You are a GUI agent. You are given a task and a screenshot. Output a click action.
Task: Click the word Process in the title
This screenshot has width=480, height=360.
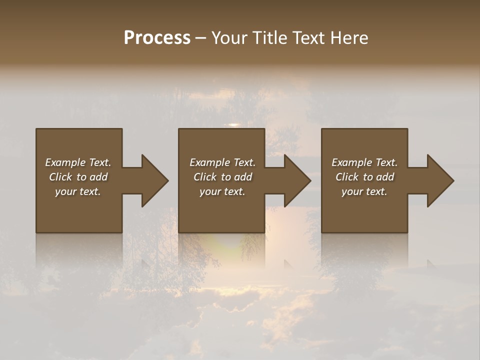[x=157, y=38]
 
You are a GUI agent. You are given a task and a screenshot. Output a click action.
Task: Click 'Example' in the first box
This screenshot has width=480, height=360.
[x=65, y=162]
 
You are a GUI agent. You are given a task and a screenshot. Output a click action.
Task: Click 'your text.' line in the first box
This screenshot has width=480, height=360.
[x=78, y=191]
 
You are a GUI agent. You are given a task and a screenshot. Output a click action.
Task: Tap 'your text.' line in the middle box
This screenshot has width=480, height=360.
[x=222, y=191]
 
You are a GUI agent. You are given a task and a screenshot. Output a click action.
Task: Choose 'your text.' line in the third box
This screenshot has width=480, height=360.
[x=364, y=191]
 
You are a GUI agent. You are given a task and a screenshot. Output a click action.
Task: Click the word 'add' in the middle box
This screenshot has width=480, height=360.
[x=242, y=177]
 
